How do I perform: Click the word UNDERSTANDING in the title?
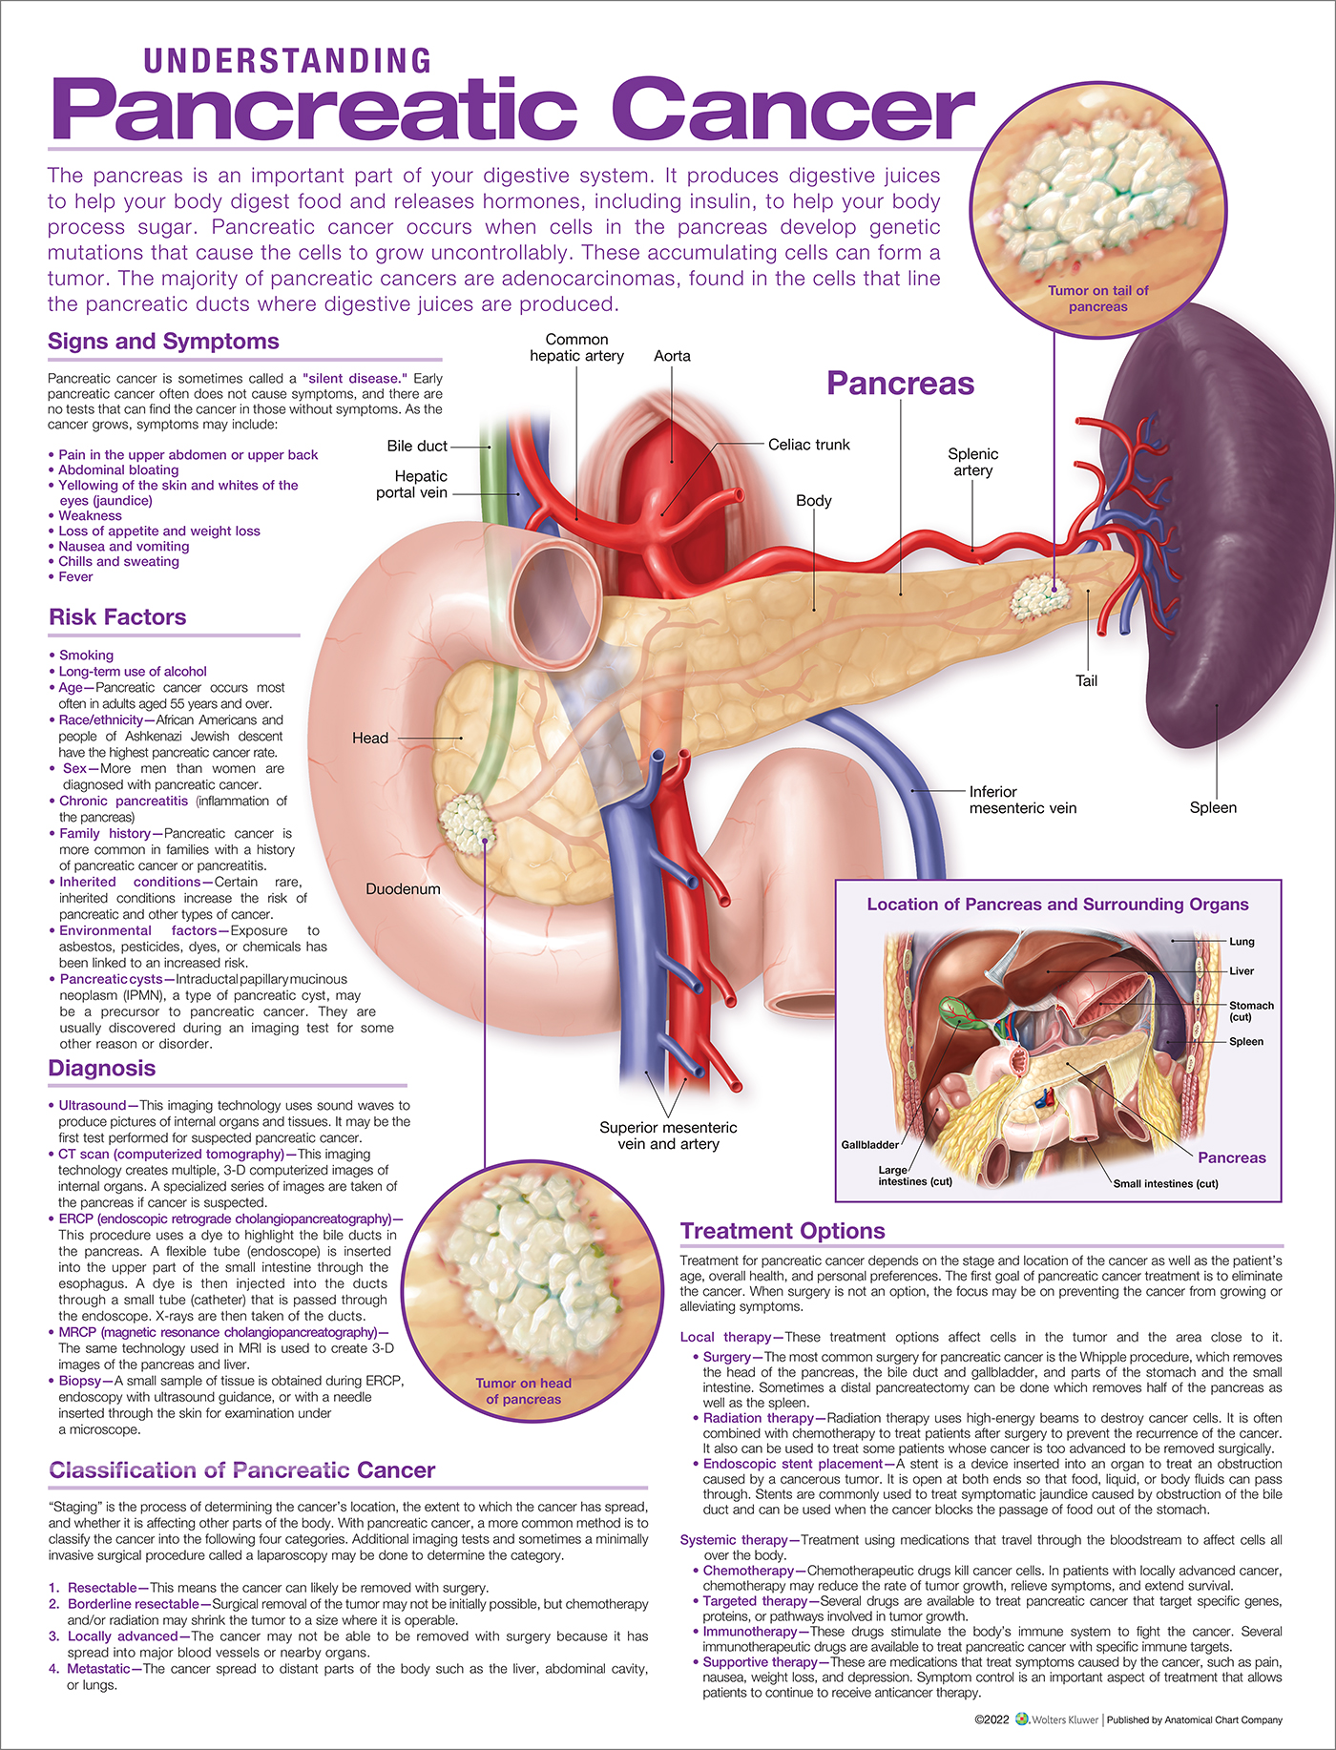click(287, 61)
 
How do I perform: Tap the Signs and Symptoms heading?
click(163, 342)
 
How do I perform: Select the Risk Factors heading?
click(117, 617)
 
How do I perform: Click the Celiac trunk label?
click(808, 445)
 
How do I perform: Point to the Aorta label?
click(672, 356)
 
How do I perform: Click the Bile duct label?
click(417, 446)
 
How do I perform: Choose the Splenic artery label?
click(972, 462)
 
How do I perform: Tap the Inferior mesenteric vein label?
click(1022, 800)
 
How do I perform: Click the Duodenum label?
click(403, 889)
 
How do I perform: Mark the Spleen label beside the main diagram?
click(1213, 807)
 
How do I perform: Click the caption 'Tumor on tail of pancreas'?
click(1098, 299)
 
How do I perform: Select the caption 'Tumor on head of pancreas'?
click(524, 1391)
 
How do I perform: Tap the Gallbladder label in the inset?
click(869, 1145)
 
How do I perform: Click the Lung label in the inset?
click(1242, 942)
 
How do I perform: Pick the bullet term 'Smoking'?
click(86, 656)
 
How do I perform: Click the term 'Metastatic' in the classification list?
click(98, 1669)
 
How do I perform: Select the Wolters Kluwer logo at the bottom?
click(1056, 1719)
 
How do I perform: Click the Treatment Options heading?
click(783, 1231)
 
